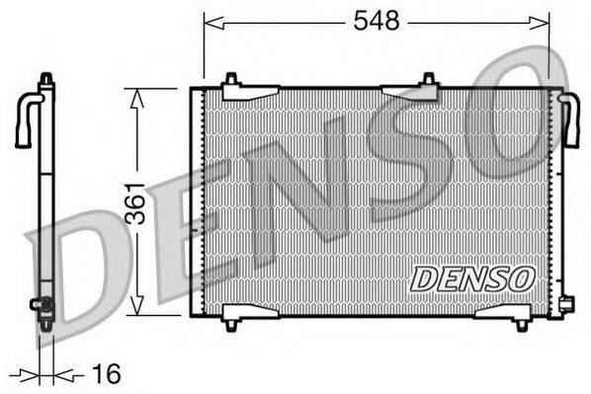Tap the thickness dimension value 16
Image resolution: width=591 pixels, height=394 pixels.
[105, 373]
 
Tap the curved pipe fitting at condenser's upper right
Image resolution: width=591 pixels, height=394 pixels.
[569, 118]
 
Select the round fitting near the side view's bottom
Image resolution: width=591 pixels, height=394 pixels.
[42, 305]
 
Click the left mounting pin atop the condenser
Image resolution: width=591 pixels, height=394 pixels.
[230, 79]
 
